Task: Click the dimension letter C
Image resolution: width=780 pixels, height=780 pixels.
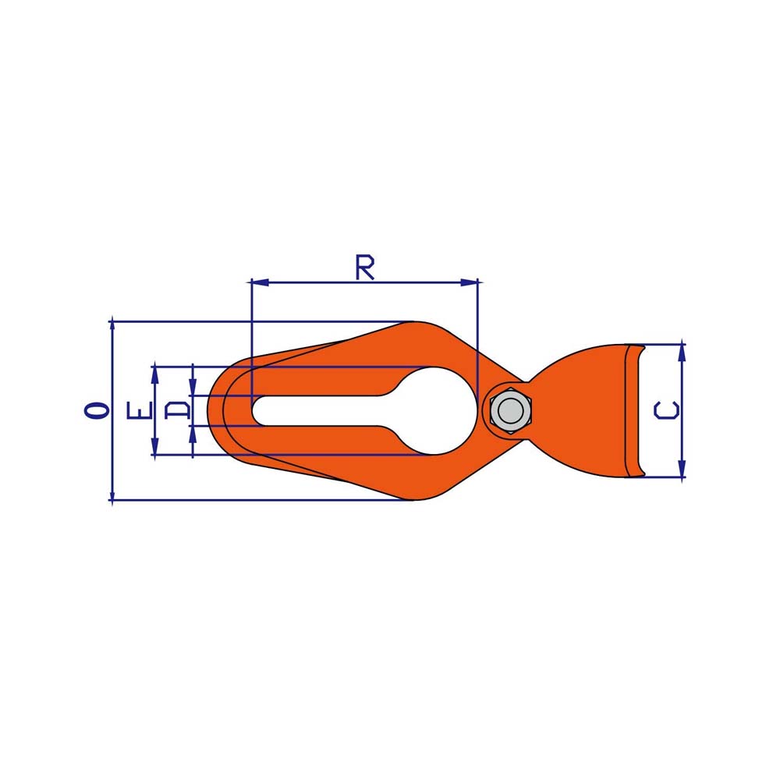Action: (x=666, y=410)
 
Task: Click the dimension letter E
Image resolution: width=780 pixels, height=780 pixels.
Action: (x=139, y=409)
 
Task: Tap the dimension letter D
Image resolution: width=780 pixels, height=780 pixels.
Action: (x=178, y=411)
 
